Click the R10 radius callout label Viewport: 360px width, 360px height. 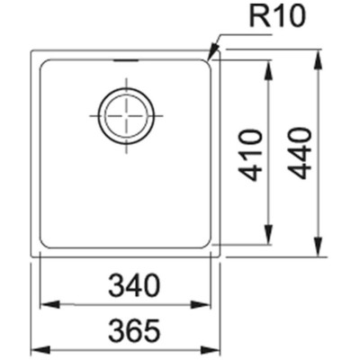click(277, 18)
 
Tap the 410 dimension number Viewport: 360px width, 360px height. click(249, 155)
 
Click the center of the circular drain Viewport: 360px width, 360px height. click(126, 116)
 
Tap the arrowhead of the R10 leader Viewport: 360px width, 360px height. click(213, 54)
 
